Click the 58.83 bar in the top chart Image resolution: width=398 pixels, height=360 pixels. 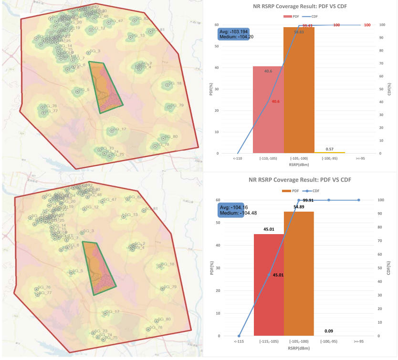(x=299, y=91)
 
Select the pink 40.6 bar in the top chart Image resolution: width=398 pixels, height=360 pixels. (x=268, y=110)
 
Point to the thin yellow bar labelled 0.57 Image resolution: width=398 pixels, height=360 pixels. (x=329, y=153)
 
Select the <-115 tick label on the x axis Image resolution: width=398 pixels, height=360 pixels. (x=239, y=342)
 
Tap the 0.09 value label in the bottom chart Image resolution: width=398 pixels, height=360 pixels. (x=329, y=331)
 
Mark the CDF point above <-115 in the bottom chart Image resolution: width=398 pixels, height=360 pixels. (x=239, y=336)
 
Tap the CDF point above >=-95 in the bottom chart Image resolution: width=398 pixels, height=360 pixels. (x=359, y=200)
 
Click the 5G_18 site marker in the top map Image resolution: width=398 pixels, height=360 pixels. (x=167, y=85)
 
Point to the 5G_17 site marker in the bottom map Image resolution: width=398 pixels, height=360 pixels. (x=106, y=313)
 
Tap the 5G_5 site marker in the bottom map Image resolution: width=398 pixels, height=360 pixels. (x=71, y=273)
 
